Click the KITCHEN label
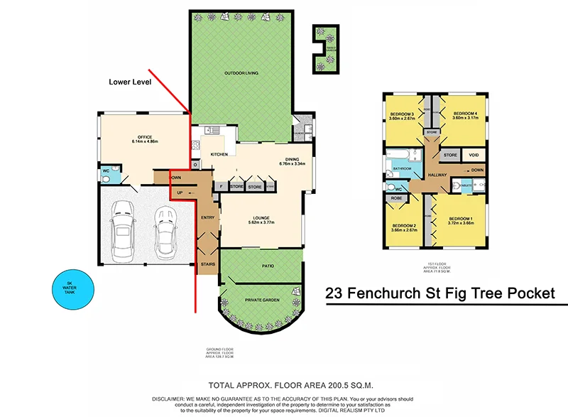click(219, 154)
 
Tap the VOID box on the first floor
click(474, 155)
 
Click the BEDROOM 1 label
click(460, 220)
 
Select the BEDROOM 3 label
click(402, 116)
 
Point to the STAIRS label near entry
click(207, 263)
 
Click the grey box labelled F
click(221, 187)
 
